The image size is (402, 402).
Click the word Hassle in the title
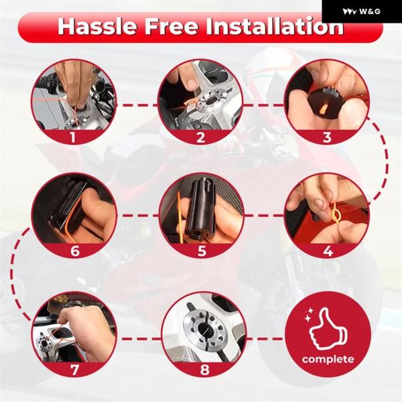[96, 26]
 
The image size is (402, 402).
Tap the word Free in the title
[172, 26]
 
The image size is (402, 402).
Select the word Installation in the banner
[274, 26]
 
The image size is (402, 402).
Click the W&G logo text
[370, 11]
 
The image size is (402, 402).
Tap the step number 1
[73, 137]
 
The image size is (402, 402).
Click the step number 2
[200, 137]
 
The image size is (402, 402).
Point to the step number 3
[327, 137]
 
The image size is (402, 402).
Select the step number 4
[328, 251]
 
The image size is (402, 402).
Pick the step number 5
[202, 251]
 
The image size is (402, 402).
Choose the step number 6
[75, 251]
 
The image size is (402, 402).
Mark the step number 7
[74, 369]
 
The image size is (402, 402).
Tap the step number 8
[204, 369]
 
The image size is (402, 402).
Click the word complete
[328, 359]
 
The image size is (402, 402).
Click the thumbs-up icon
[328, 330]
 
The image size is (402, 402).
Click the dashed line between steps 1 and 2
[137, 105]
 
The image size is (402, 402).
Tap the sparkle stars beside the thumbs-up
[308, 315]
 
